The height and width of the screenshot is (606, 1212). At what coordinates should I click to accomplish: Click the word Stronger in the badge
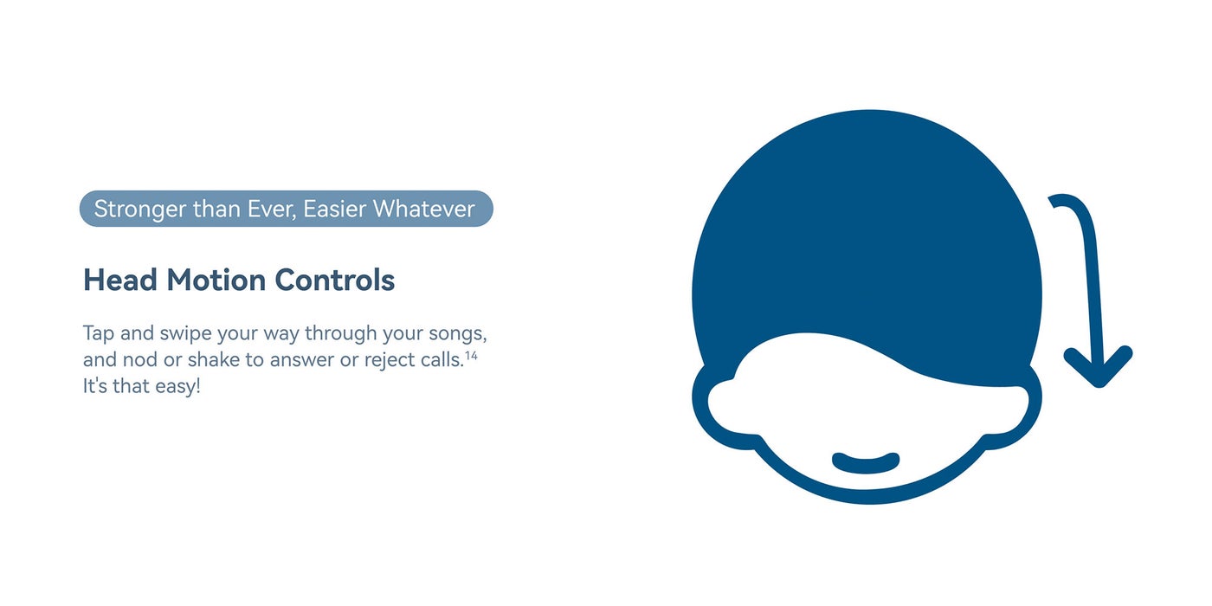tap(140, 210)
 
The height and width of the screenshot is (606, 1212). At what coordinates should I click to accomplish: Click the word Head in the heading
tap(120, 280)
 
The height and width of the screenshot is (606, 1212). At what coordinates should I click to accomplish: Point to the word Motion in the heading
tap(216, 280)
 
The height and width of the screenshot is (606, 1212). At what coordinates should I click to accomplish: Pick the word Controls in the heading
tap(335, 280)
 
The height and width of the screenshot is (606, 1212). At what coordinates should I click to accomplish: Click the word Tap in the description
tap(99, 333)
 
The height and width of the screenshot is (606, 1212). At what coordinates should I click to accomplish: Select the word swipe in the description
tap(185, 334)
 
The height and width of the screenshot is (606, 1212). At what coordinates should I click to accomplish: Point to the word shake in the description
tap(214, 359)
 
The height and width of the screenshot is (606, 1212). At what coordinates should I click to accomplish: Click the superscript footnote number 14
tap(471, 356)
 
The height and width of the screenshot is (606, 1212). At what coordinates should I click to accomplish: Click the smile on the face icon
tap(866, 464)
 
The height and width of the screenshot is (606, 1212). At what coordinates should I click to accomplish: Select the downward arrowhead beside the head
tap(1099, 368)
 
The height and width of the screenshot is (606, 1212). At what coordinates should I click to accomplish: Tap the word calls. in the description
tap(443, 359)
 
